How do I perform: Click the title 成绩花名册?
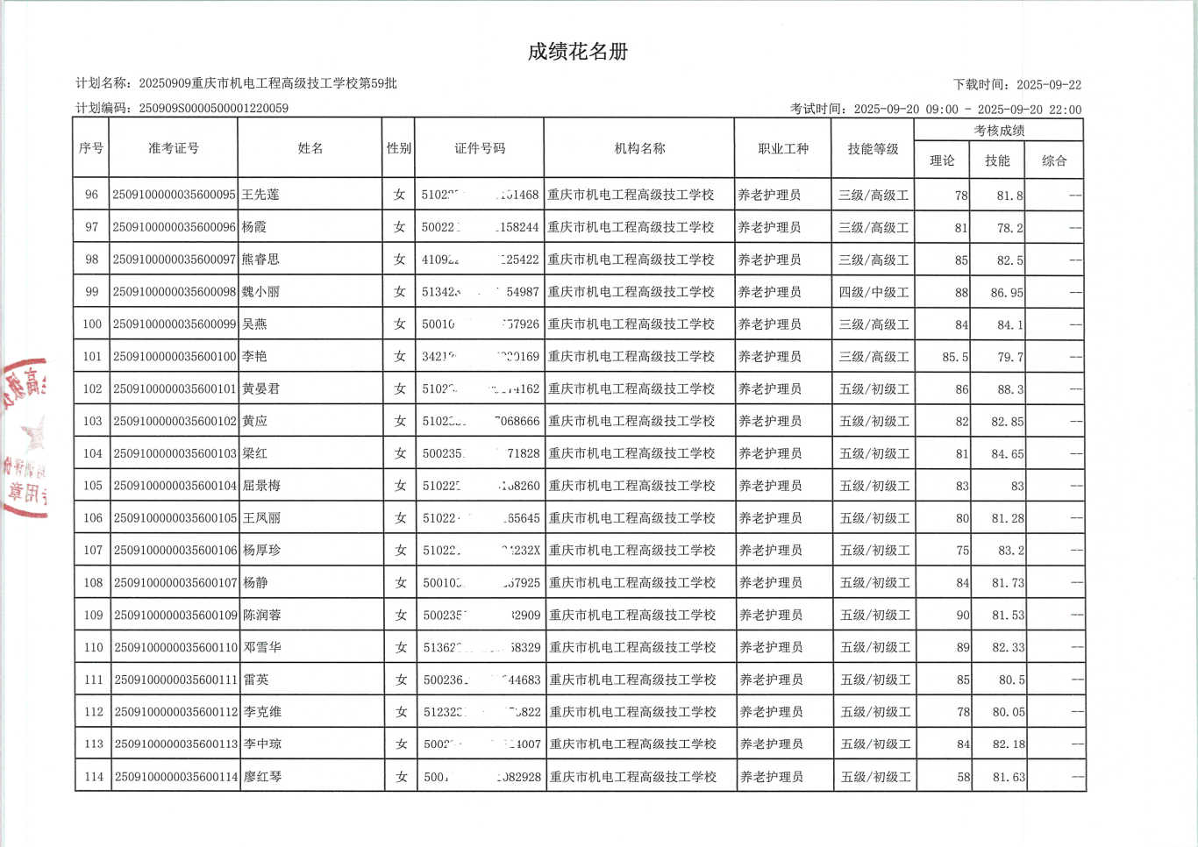coord(577,52)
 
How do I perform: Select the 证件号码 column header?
coord(480,148)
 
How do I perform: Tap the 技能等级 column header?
coord(873,149)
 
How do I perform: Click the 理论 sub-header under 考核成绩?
coord(942,160)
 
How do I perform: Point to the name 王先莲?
coord(260,195)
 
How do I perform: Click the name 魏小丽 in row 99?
coord(260,292)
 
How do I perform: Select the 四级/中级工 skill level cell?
coord(874,292)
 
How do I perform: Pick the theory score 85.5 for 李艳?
coord(955,357)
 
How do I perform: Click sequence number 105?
coord(92,486)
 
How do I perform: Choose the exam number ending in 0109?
coord(175,616)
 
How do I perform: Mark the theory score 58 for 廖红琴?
coord(963,777)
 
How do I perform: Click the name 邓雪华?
coord(262,647)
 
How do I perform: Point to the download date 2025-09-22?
coord(1049,85)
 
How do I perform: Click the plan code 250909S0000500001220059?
coord(213,109)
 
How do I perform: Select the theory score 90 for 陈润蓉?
coord(962,616)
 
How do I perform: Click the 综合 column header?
coord(1054,160)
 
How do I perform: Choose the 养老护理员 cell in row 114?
coord(771,777)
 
